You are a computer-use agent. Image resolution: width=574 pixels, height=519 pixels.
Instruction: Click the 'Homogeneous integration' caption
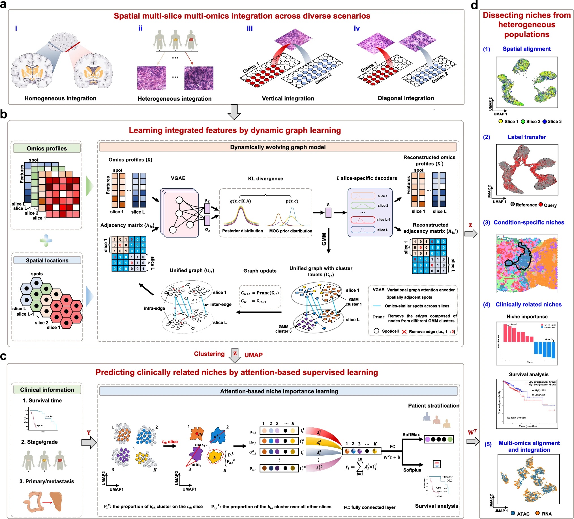(60, 98)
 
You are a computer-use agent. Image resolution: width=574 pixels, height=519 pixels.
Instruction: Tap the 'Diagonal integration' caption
(405, 98)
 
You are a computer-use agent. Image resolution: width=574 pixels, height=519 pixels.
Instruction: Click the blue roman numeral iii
(249, 29)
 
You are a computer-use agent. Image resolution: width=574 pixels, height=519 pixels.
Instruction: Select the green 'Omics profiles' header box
(47, 148)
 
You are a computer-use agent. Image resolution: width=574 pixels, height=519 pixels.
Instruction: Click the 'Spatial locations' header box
(47, 260)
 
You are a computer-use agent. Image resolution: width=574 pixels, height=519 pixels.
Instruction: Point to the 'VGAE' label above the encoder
(178, 178)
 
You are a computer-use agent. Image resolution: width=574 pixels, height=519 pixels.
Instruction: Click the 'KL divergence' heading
(265, 178)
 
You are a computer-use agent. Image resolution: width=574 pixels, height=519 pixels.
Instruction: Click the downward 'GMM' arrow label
(324, 239)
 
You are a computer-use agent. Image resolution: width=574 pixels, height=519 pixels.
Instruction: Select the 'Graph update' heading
(260, 271)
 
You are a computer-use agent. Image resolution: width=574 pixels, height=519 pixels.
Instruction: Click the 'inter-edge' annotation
(221, 304)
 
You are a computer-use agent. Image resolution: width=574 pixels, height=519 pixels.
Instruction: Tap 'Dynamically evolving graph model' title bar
(278, 147)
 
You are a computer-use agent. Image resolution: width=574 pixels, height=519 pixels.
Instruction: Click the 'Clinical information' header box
(47, 389)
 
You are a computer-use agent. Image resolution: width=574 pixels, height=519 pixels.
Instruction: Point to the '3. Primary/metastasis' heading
(47, 481)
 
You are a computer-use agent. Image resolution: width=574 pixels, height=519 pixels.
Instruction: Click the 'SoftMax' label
(411, 434)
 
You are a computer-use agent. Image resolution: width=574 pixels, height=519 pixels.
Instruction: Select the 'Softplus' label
(412, 470)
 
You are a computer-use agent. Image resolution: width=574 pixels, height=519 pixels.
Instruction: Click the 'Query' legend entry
(550, 205)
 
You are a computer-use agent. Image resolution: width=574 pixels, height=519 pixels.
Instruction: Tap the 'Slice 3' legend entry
(554, 122)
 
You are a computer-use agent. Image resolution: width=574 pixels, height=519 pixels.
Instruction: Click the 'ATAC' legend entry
(523, 514)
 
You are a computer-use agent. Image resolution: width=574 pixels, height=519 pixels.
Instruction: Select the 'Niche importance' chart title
(527, 316)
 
